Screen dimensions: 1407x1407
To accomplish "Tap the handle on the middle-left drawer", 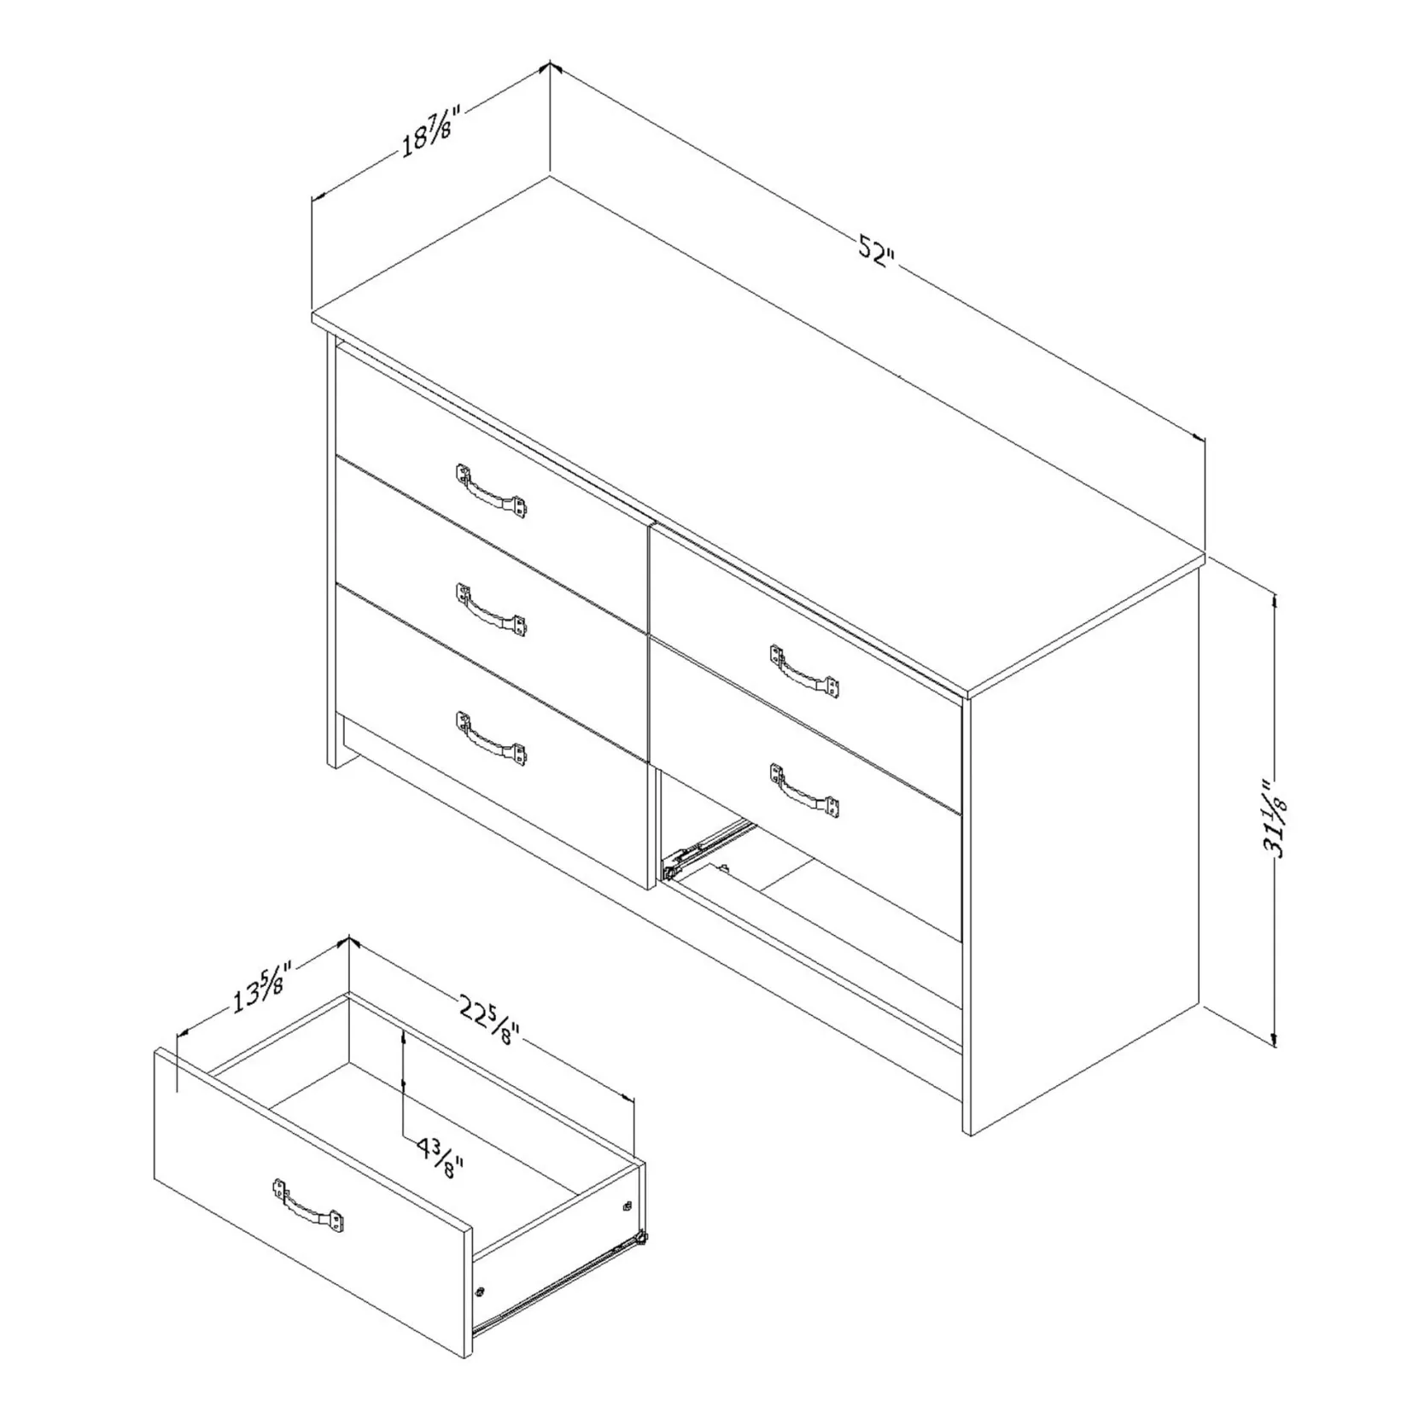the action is pyautogui.click(x=491, y=610).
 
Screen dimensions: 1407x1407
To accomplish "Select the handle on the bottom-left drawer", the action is pyautogui.click(x=491, y=737).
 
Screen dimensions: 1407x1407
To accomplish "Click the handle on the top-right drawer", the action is pyautogui.click(x=803, y=670).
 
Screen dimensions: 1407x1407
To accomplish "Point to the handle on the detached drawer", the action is pyautogui.click(x=308, y=1205).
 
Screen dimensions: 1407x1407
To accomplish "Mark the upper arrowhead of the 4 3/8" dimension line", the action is pyautogui.click(x=402, y=1035).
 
